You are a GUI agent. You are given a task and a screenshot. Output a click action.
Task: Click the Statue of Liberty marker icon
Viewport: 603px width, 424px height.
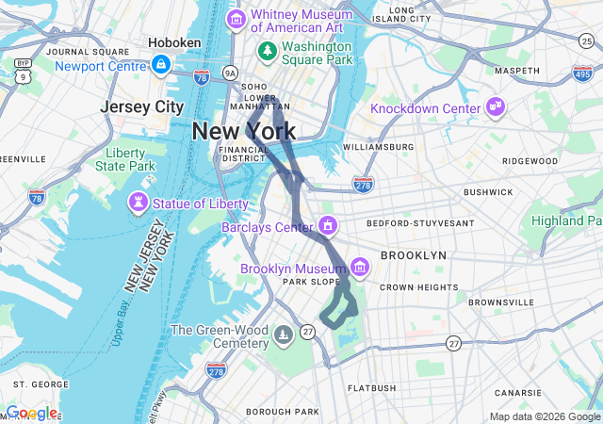[x=139, y=204]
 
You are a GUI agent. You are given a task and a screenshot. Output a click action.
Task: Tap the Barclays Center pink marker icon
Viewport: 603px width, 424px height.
[x=328, y=226]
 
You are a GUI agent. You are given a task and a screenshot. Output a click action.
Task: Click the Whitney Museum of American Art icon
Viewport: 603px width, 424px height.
[x=236, y=19]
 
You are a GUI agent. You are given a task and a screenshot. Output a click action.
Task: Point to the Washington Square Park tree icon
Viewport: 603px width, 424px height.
[x=269, y=48]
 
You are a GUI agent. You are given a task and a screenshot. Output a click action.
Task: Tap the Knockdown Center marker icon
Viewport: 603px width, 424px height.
[x=496, y=108]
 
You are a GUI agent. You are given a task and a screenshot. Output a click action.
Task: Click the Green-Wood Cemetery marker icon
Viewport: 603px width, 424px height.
[x=285, y=335]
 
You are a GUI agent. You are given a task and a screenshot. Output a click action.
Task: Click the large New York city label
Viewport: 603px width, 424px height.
[x=243, y=131]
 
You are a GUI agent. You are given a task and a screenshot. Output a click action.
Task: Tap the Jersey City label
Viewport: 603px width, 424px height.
[x=141, y=106]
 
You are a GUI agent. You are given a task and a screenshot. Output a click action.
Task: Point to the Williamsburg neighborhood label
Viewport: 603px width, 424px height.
[x=378, y=147]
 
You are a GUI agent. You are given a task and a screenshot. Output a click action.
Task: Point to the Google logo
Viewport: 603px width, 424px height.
[x=30, y=413]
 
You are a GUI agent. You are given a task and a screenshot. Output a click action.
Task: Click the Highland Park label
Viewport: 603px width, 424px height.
[x=566, y=220]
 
